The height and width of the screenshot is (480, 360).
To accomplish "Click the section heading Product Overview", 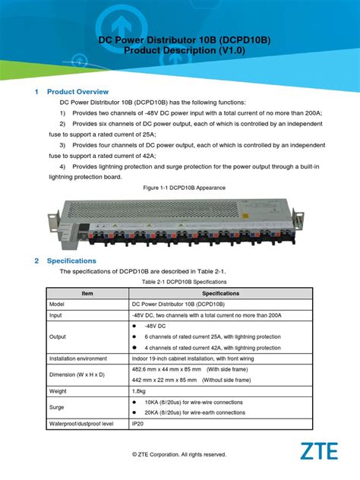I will (78, 92).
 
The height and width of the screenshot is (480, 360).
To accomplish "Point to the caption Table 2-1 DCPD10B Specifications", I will (179, 281).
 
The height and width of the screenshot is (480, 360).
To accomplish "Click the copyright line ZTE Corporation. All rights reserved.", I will (179, 454).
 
